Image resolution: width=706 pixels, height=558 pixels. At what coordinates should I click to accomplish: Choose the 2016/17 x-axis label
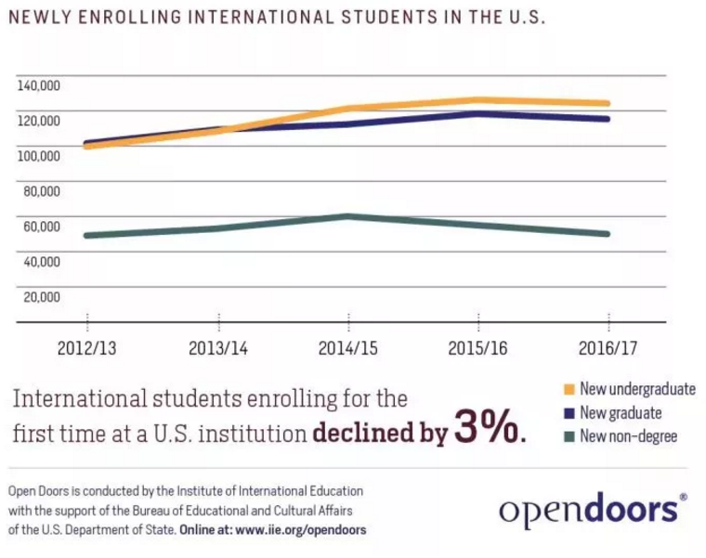coord(608,349)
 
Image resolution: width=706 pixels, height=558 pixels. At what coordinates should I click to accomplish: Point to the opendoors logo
coord(593,508)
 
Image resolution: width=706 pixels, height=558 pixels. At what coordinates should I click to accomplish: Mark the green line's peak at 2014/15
coord(347,216)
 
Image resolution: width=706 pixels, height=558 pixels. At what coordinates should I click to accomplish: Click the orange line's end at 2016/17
coord(608,103)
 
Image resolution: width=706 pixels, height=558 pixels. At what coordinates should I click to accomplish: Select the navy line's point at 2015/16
coord(477,114)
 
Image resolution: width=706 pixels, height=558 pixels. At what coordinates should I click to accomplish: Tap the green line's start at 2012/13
coord(86,235)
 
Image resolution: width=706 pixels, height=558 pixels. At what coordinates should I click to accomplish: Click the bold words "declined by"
coord(380,433)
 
